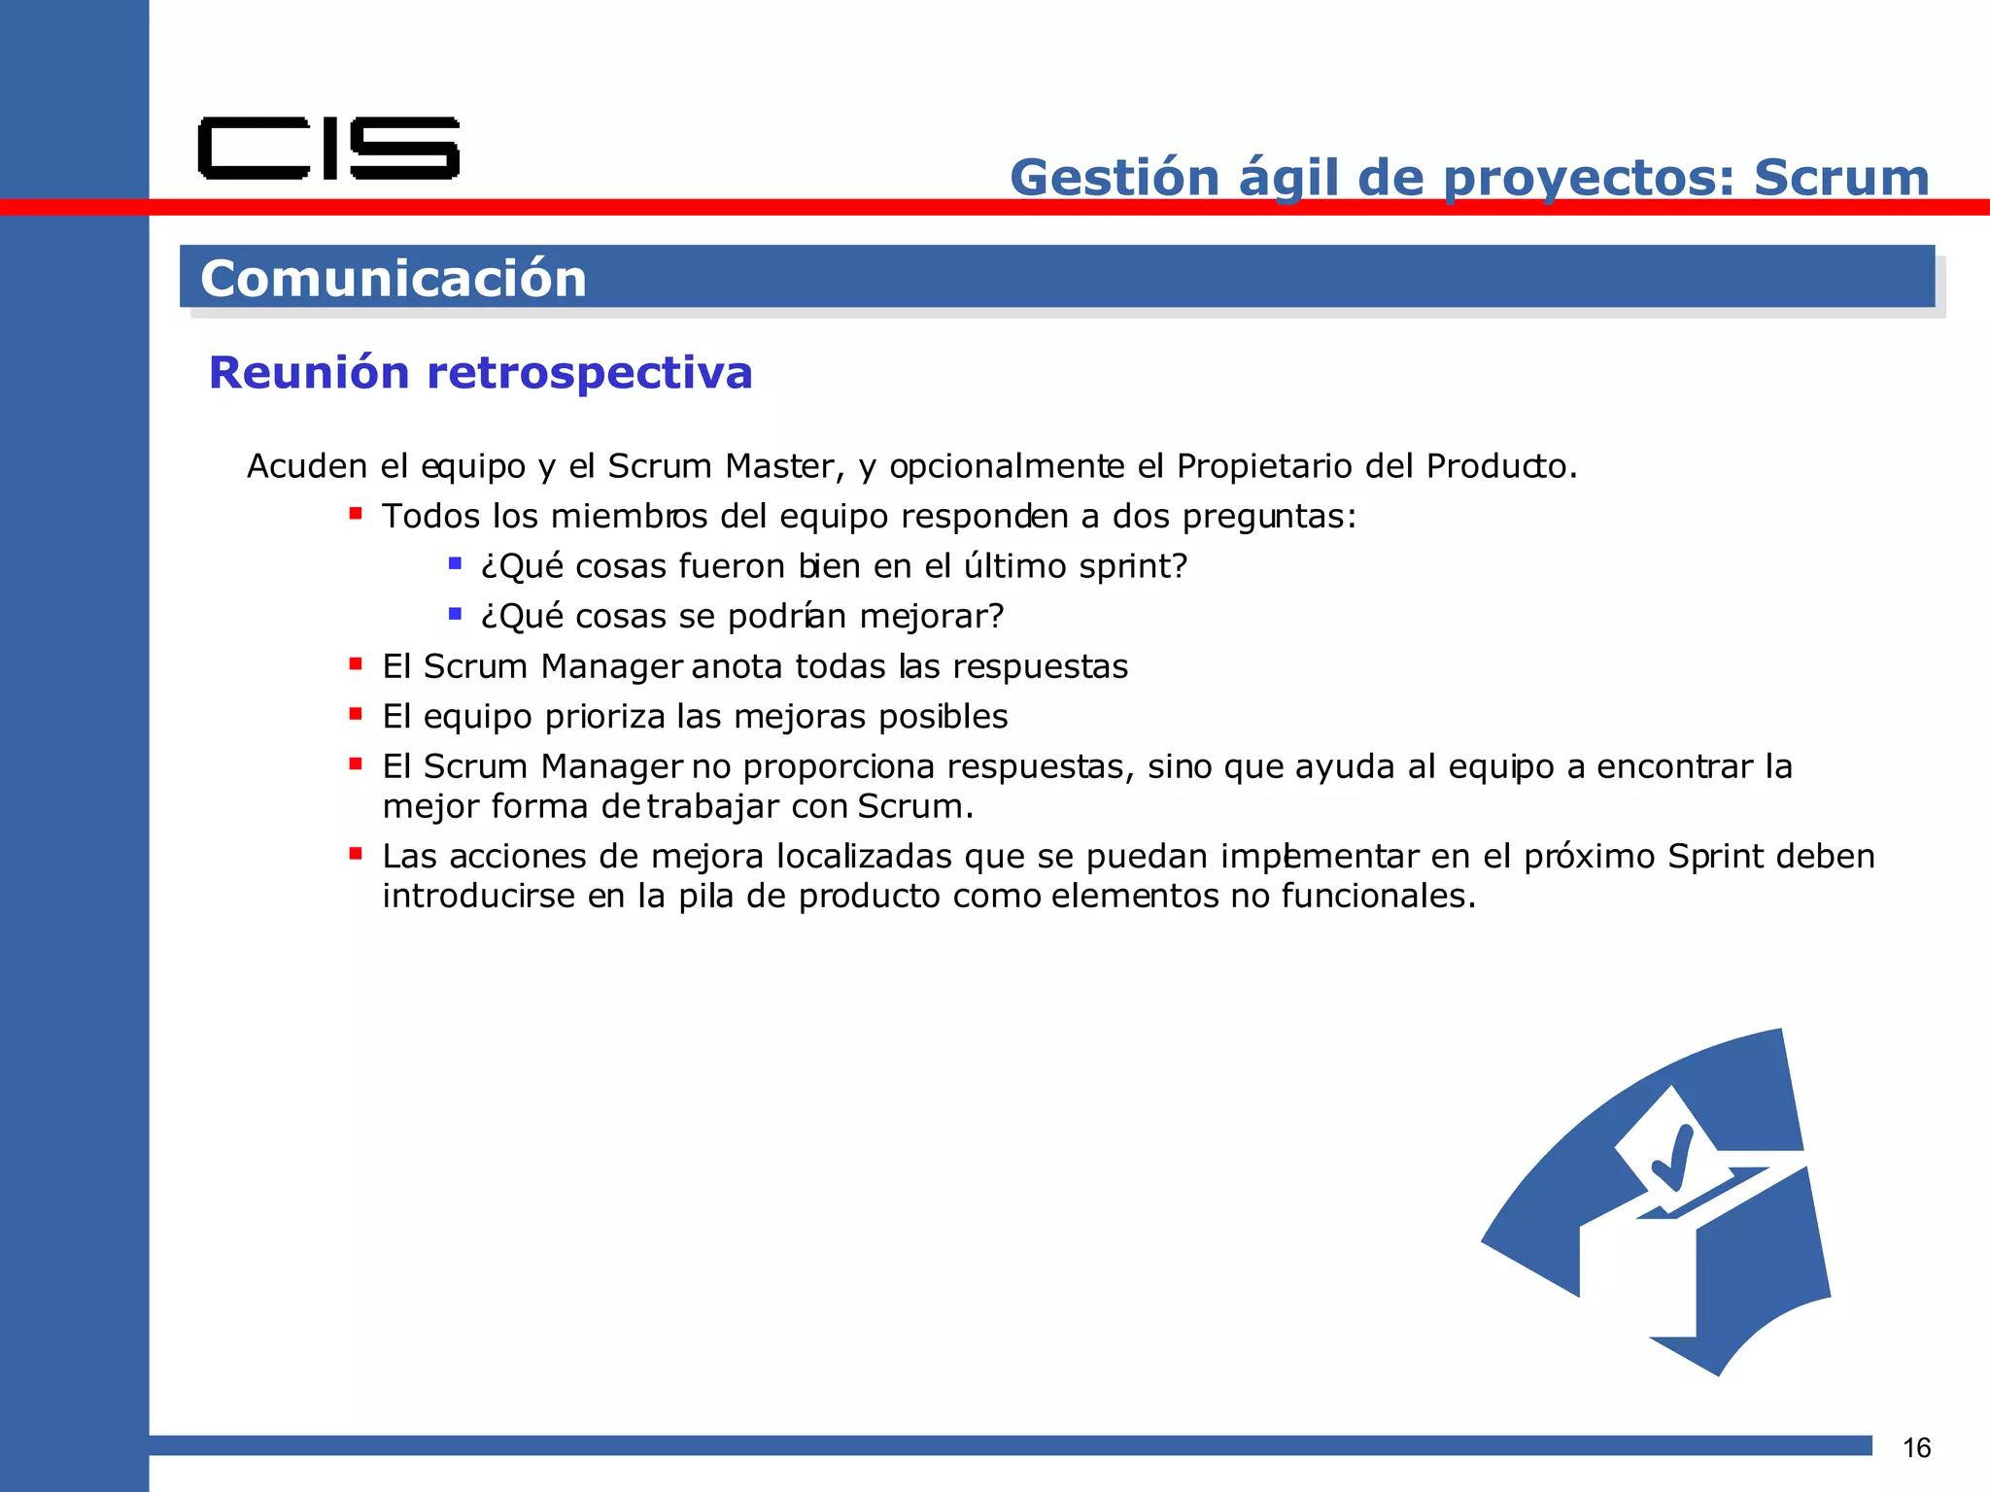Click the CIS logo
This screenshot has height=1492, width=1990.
pos(328,149)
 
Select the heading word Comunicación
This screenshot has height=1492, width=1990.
pos(394,279)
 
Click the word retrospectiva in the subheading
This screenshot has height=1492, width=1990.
pos(589,373)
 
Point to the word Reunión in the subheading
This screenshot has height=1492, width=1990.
pos(309,373)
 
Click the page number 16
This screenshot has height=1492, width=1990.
pos(1916,1448)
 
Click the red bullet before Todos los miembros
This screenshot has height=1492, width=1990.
pos(356,513)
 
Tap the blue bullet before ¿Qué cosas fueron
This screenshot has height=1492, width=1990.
pos(455,563)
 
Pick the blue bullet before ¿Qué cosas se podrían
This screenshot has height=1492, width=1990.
pos(455,613)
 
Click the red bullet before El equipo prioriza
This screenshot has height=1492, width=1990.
pos(356,714)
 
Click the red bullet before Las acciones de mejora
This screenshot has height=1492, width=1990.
pos(356,854)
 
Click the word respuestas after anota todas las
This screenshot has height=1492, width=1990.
pos(1040,667)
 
